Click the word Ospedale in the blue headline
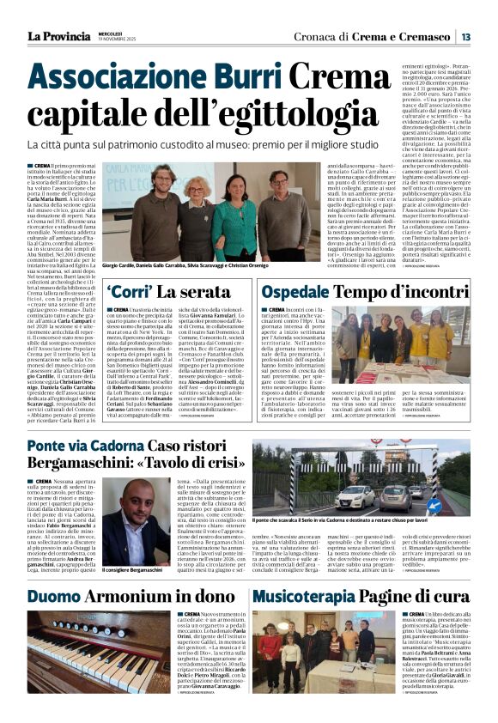304,292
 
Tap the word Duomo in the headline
59,597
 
